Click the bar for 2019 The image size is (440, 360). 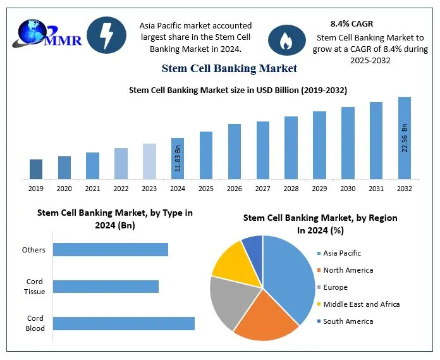pos(36,169)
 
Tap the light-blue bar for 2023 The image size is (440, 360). pos(149,161)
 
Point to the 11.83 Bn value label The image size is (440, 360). pos(178,159)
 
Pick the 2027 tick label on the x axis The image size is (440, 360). pos(263,189)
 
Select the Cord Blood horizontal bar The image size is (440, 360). pos(123,323)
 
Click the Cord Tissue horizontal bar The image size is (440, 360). pos(106,287)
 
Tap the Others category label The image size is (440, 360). pos(34,250)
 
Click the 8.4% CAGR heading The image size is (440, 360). pos(351,23)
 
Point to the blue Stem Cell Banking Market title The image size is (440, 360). pos(229,68)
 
